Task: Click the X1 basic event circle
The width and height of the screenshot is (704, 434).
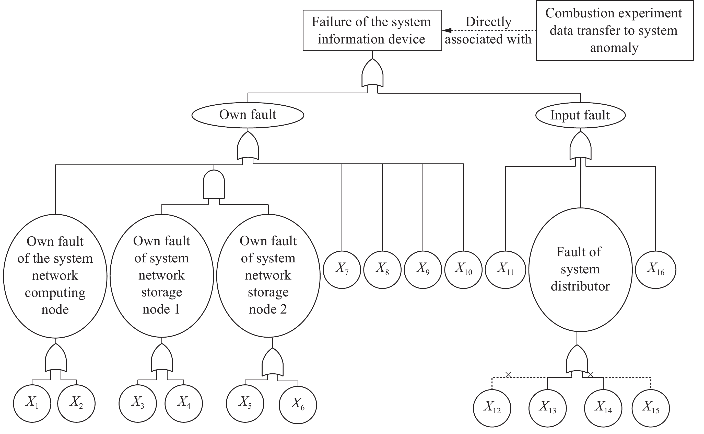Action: (x=32, y=403)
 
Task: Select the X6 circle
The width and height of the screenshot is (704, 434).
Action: (x=298, y=405)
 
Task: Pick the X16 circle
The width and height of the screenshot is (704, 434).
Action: (x=655, y=270)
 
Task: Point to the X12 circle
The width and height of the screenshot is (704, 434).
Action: (x=492, y=408)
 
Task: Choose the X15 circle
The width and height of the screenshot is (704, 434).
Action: (x=651, y=408)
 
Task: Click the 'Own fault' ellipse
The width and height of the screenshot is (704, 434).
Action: (x=248, y=115)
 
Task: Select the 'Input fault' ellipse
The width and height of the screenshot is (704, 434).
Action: (x=580, y=115)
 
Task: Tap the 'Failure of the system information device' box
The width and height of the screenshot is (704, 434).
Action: (x=372, y=30)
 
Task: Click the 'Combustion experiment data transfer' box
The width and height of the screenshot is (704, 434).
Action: (x=615, y=30)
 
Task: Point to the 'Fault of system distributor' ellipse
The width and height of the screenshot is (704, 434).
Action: (x=580, y=270)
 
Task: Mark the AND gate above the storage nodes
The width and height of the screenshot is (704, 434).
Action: (x=214, y=184)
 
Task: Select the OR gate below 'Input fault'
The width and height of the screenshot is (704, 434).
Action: (x=580, y=146)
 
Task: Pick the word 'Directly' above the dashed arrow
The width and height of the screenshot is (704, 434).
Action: (x=488, y=22)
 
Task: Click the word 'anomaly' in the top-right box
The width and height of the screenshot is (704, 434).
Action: (x=614, y=48)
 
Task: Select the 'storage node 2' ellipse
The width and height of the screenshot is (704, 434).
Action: (x=268, y=275)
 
